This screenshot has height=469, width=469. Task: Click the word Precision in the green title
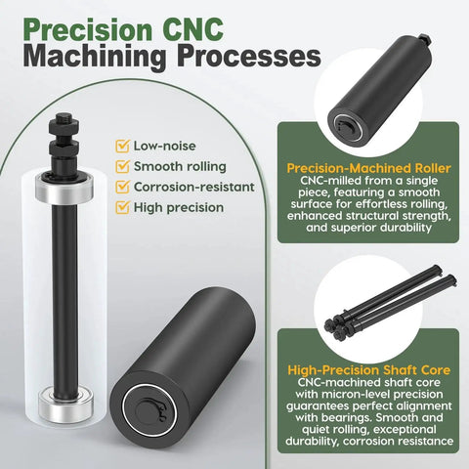coord(88,29)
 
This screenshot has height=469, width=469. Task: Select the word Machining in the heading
coord(95,57)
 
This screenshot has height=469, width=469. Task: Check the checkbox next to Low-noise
coord(122,147)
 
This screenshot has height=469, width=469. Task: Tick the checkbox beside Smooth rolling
coord(122,167)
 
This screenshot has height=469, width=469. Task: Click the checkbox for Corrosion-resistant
coord(122,188)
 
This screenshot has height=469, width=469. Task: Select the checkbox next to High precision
coord(122,208)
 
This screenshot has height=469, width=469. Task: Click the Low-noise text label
coord(165,146)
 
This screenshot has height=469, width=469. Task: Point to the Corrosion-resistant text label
coord(194,187)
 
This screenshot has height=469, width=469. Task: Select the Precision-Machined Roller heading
coord(368,168)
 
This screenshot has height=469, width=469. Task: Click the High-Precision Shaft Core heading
coord(369,370)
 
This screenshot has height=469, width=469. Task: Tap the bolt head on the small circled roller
coord(425,39)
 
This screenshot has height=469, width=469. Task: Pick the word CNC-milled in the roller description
coord(328,181)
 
